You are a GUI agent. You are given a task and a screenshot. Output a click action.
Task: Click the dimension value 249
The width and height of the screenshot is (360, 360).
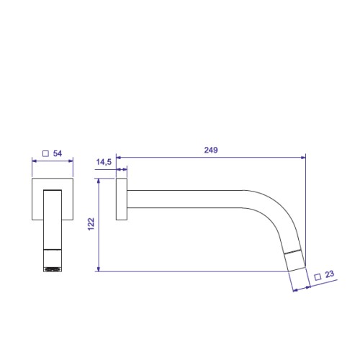(x=211, y=150)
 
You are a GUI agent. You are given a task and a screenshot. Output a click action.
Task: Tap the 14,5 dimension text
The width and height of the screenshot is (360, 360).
(x=104, y=162)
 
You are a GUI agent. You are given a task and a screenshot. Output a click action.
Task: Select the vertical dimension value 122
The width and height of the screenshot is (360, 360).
(x=91, y=224)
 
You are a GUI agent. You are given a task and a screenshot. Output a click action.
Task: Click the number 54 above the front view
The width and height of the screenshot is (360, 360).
(x=58, y=153)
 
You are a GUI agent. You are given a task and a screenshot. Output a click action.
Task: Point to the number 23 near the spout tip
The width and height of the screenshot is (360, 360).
(x=330, y=274)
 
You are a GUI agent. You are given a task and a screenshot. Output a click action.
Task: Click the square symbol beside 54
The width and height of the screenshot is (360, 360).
(x=45, y=153)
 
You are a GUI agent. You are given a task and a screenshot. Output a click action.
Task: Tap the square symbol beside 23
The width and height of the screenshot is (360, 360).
(x=318, y=277)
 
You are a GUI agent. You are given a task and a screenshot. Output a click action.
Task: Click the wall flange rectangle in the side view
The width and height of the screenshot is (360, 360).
(x=122, y=199)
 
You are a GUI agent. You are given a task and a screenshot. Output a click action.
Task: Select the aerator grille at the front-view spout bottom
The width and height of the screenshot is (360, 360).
(x=53, y=269)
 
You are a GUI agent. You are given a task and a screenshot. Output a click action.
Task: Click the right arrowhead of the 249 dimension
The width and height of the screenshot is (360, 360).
(x=303, y=158)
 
